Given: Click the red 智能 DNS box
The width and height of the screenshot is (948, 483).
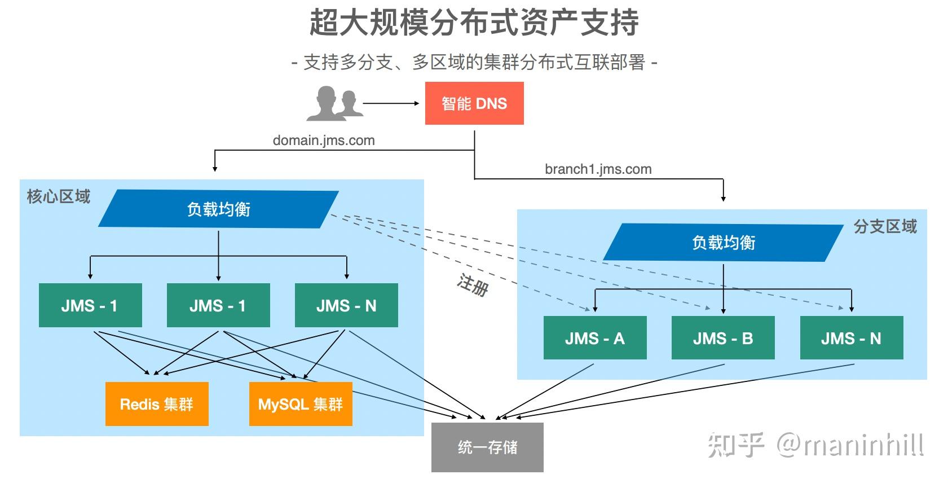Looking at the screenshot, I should pyautogui.click(x=474, y=103).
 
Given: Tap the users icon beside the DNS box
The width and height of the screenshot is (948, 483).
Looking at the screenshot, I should pyautogui.click(x=334, y=103).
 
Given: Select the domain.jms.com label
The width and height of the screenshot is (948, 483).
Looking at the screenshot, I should pyautogui.click(x=324, y=140).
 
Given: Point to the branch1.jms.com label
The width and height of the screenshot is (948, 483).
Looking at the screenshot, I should pyautogui.click(x=598, y=169).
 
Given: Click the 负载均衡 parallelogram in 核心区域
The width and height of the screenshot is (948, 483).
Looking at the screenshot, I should pyautogui.click(x=218, y=209).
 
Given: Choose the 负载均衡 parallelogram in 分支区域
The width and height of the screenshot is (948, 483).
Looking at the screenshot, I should pyautogui.click(x=723, y=243).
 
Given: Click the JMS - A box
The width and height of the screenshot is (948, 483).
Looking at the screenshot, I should pyautogui.click(x=594, y=338).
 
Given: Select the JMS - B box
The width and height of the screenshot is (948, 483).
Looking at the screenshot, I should pyautogui.click(x=722, y=338).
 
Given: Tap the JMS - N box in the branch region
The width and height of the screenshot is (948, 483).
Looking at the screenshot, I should pyautogui.click(x=851, y=338).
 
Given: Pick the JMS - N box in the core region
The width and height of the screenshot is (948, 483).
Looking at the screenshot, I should pyautogui.click(x=346, y=306).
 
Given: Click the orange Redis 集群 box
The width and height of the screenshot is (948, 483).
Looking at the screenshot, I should pyautogui.click(x=157, y=404).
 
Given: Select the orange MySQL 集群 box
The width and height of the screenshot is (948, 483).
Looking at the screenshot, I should pyautogui.click(x=301, y=404).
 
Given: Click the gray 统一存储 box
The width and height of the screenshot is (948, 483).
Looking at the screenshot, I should pyautogui.click(x=487, y=447).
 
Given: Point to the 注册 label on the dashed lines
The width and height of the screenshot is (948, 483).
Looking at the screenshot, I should pyautogui.click(x=473, y=285).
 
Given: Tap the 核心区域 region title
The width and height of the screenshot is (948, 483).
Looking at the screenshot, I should pyautogui.click(x=59, y=197).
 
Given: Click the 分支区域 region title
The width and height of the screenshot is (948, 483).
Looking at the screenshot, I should pyautogui.click(x=884, y=227).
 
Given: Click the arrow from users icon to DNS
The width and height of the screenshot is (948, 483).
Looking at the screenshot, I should pyautogui.click(x=390, y=103).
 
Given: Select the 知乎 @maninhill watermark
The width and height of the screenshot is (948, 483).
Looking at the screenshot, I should pyautogui.click(x=815, y=445).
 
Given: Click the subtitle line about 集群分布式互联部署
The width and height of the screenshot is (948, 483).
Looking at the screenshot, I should pyautogui.click(x=474, y=62).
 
